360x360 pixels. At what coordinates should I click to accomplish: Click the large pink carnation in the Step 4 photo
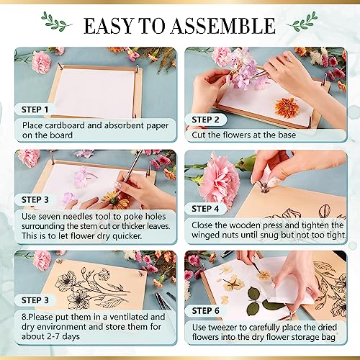coord(219,181)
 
